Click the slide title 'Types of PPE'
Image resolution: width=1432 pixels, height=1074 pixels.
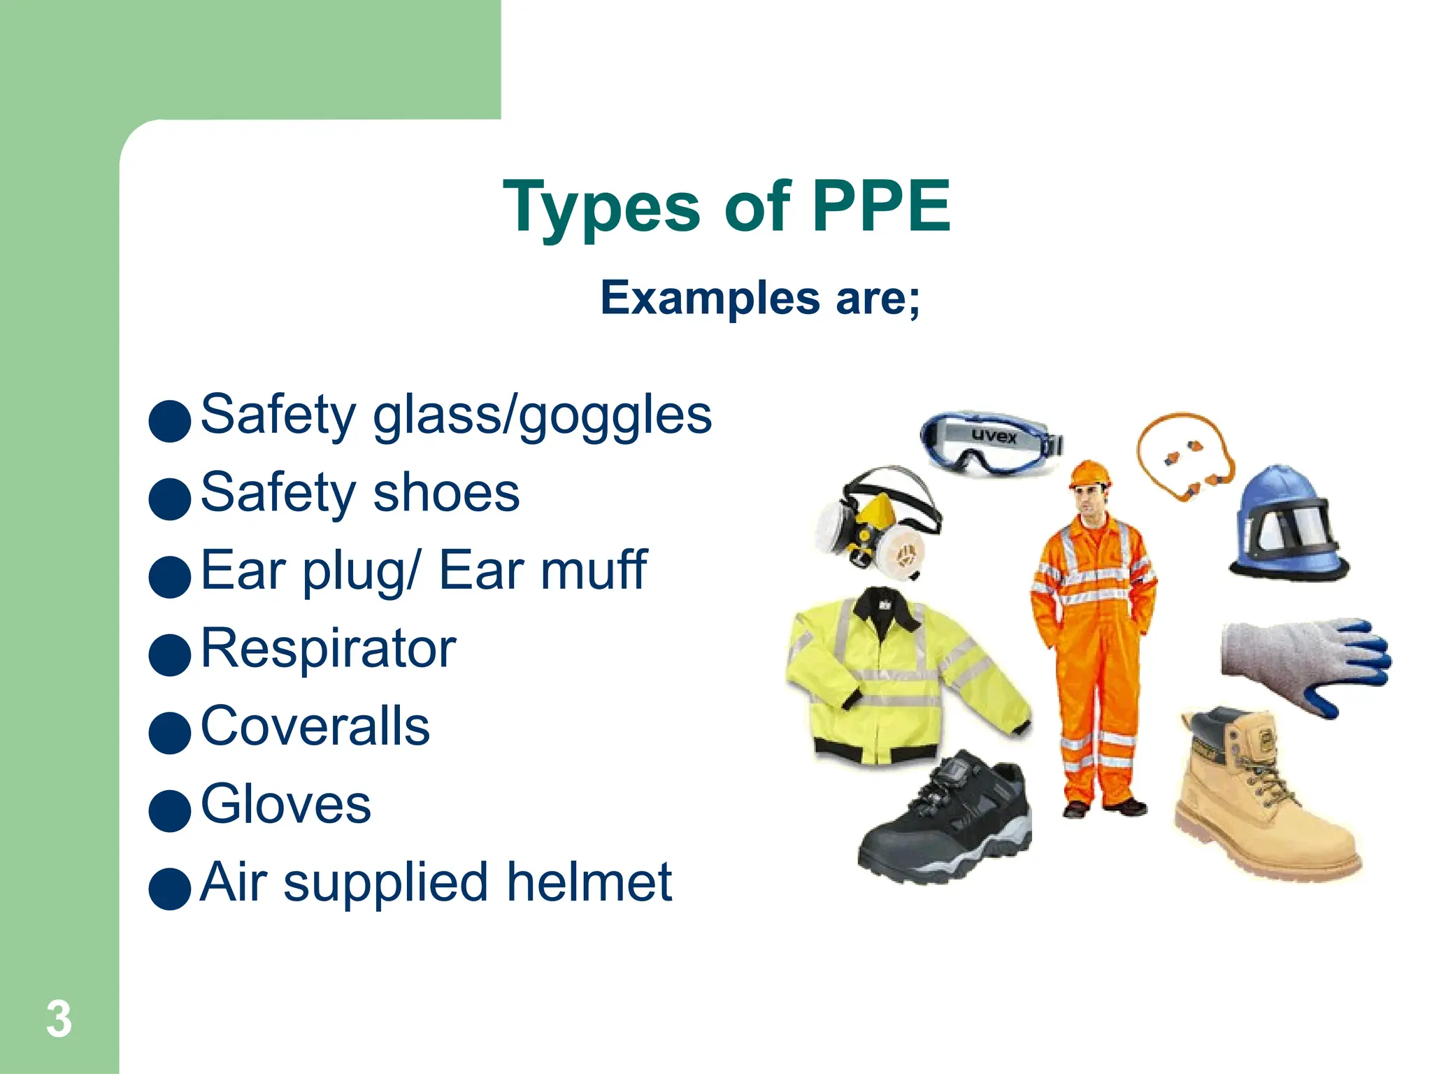tap(726, 206)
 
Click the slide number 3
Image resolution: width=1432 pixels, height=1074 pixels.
tap(59, 1019)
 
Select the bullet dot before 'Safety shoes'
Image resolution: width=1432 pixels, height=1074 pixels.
tap(170, 499)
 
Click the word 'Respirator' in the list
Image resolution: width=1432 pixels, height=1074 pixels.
tap(329, 648)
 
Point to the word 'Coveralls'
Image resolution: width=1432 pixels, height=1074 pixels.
tap(315, 726)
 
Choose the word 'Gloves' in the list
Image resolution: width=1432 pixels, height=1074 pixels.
tap(286, 804)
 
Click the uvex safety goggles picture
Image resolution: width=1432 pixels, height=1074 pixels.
tap(991, 443)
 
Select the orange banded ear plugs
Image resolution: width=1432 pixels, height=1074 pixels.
tap(1185, 458)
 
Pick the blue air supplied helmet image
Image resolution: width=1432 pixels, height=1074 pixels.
tap(1288, 523)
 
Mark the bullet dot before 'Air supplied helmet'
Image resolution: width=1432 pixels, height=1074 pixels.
tap(170, 889)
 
